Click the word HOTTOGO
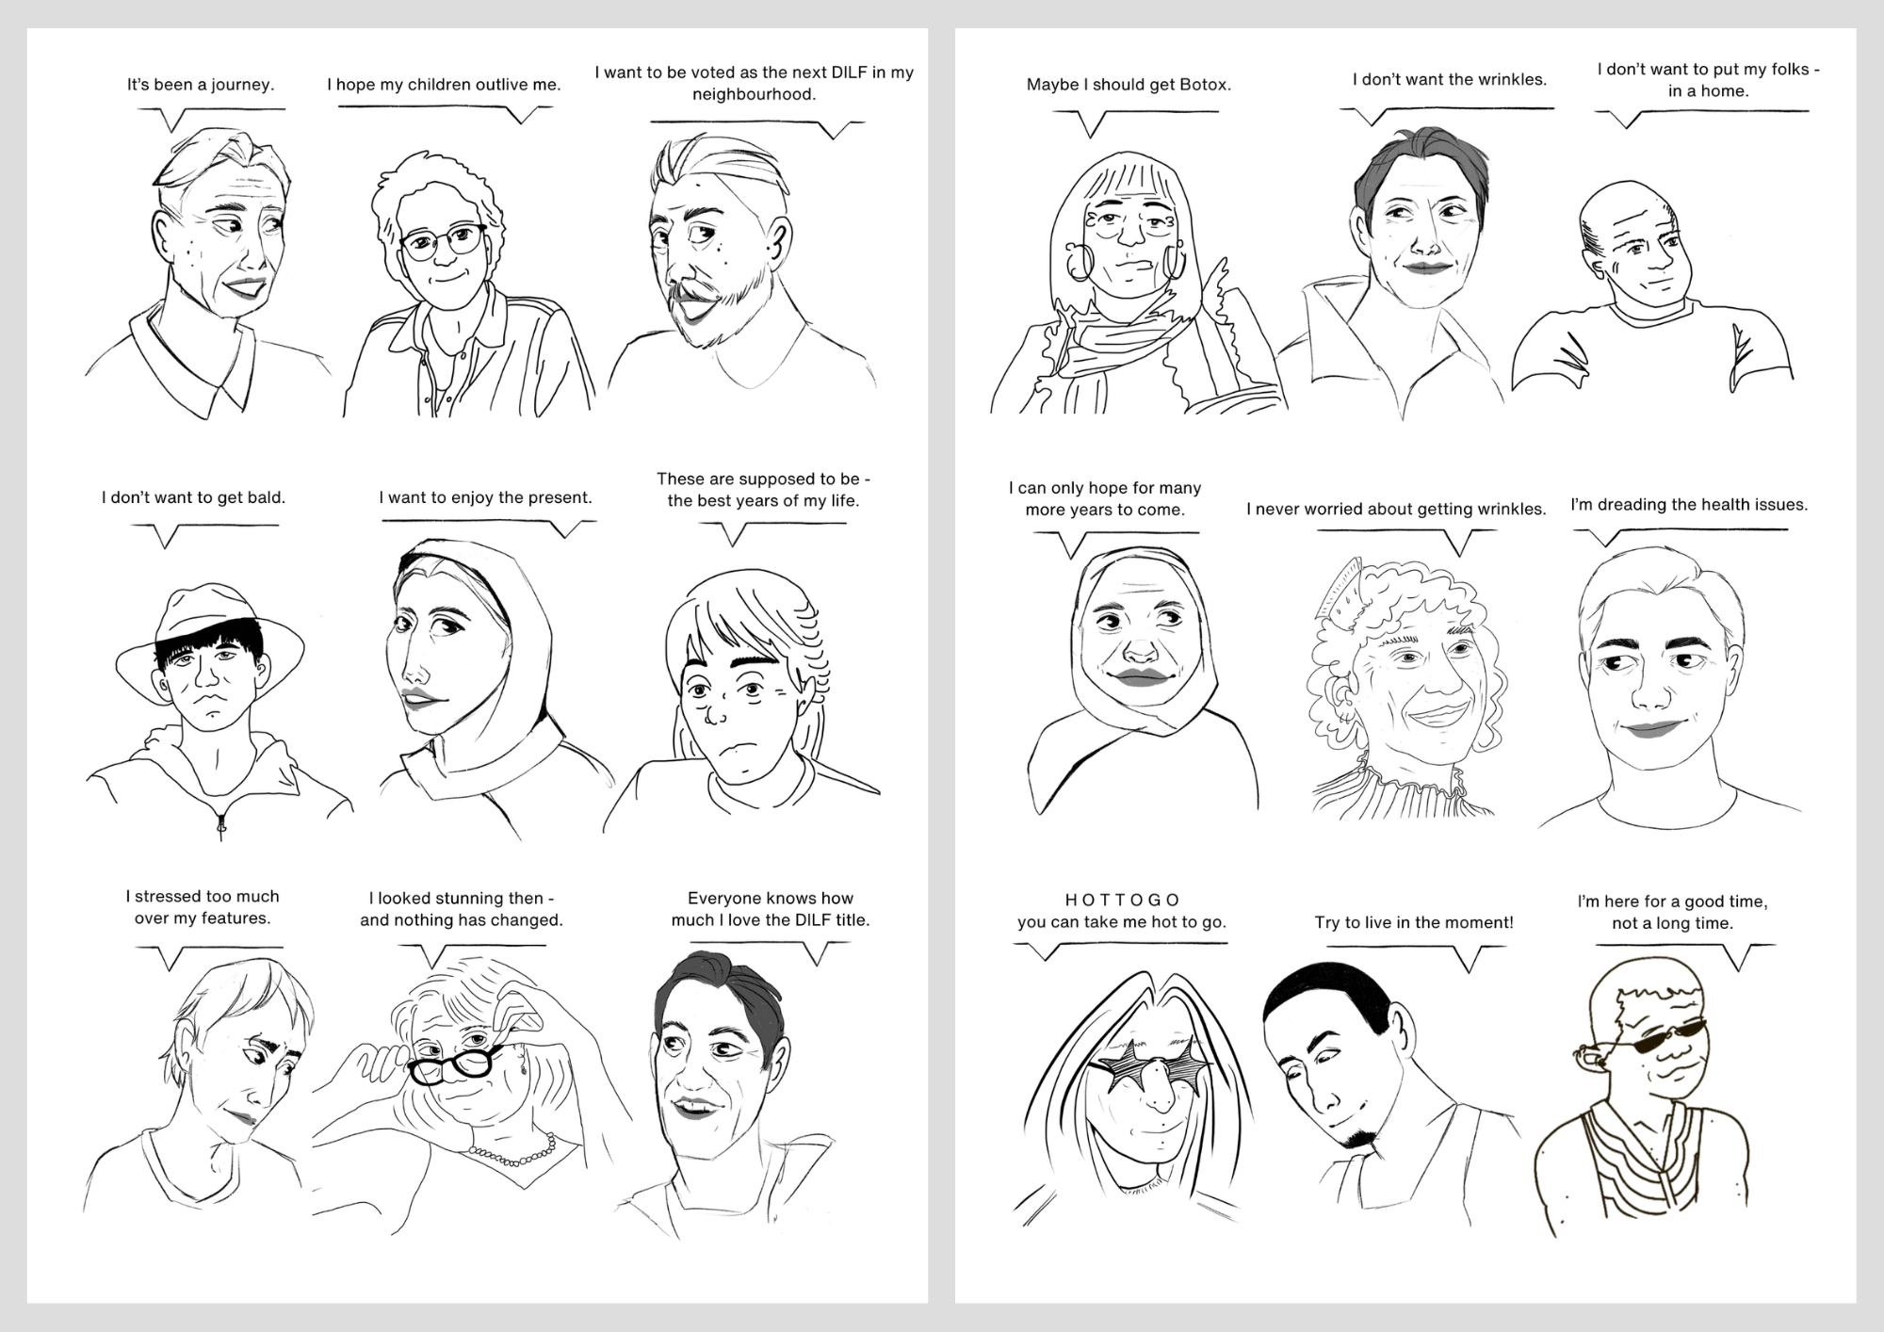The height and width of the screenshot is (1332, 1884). click(x=1122, y=900)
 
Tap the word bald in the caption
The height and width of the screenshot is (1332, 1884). click(x=265, y=497)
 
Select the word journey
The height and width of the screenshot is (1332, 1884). click(x=242, y=86)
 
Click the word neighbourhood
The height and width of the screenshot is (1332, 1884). click(x=754, y=95)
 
